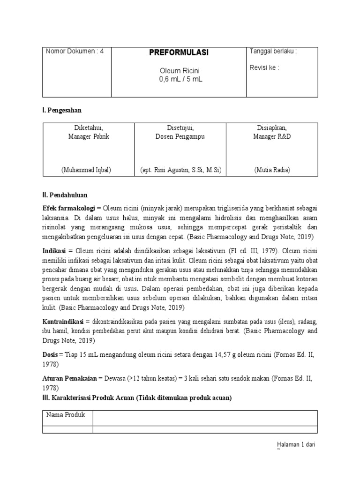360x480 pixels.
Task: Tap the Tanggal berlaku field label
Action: (273, 52)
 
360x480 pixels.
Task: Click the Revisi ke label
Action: (264, 67)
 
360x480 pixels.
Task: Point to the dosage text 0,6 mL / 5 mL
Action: (180, 79)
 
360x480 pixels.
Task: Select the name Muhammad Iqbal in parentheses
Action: (89, 170)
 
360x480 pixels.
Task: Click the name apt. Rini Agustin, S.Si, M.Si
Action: (180, 170)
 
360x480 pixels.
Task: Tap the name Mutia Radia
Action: (272, 170)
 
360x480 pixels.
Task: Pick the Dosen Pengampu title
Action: (180, 136)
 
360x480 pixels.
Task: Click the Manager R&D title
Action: (272, 136)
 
